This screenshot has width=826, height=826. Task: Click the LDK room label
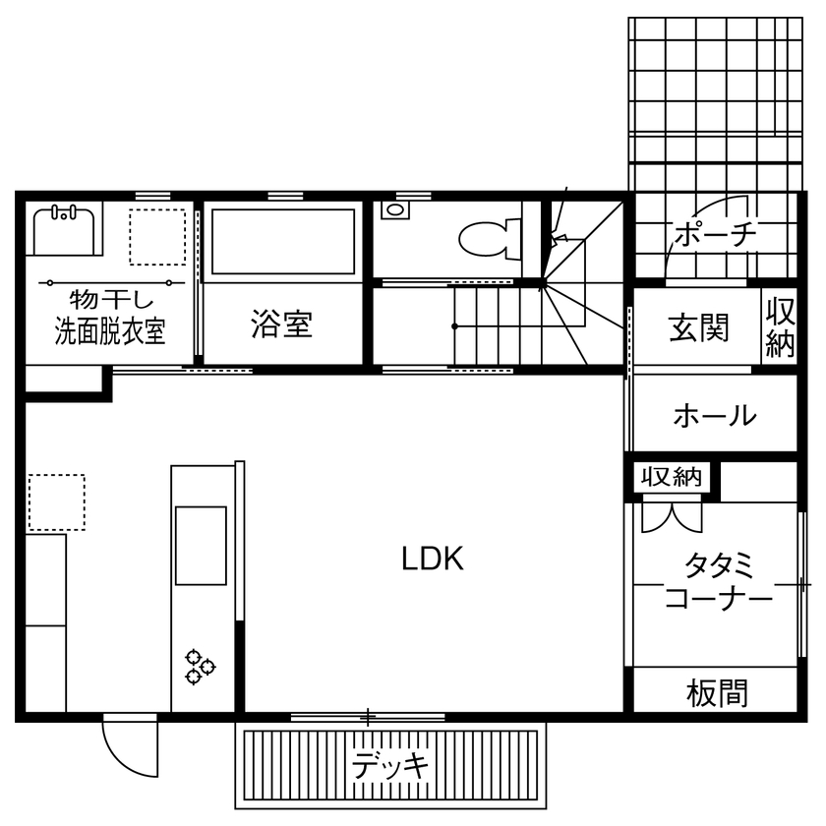[x=432, y=559]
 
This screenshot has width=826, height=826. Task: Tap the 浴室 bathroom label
[x=281, y=324]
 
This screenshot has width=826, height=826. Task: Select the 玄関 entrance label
[x=700, y=327]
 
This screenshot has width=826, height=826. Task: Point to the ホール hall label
[x=715, y=416]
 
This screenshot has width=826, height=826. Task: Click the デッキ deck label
[x=390, y=764]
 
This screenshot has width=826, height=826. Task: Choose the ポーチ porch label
[x=715, y=234]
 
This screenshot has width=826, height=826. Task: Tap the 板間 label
[x=717, y=693]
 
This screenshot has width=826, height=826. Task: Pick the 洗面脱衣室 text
[x=109, y=332]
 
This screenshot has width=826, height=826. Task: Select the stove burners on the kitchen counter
[x=200, y=666]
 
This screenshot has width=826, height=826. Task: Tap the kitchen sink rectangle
[x=201, y=544]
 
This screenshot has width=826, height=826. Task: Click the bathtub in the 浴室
[x=283, y=242]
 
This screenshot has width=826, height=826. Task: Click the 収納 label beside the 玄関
[x=781, y=328]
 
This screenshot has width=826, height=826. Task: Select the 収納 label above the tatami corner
[x=672, y=478]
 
